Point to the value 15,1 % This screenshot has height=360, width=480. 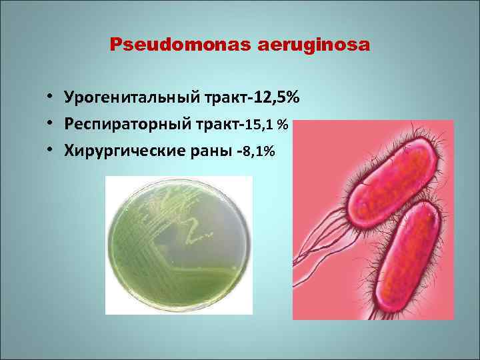pos(265,125)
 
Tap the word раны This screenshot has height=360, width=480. pos(211,151)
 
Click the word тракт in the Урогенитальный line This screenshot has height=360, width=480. pos(226,98)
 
